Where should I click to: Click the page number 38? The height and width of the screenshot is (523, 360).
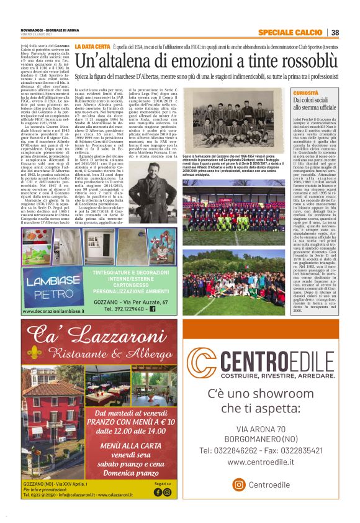(335, 33)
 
